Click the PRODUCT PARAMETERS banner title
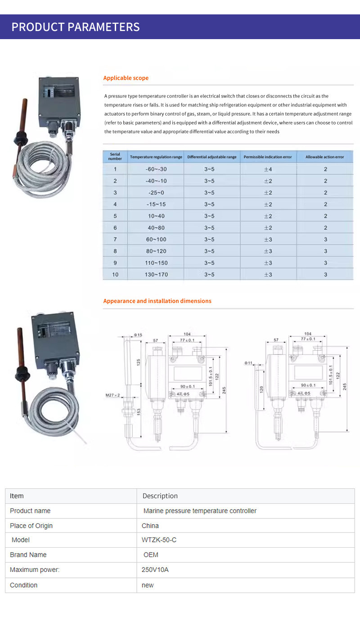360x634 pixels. [76, 27]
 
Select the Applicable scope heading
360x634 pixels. [126, 78]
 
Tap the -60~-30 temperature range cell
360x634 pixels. [156, 169]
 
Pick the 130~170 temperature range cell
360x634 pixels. [156, 274]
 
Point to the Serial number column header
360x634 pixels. [115, 156]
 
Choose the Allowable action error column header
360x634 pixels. [324, 157]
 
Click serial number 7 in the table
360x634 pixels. [115, 239]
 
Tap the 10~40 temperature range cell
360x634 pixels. [156, 216]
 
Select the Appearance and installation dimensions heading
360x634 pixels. [157, 301]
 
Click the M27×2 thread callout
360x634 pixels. [112, 395]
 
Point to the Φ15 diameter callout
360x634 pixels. [138, 335]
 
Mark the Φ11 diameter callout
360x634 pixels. [249, 362]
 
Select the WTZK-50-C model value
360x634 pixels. [159, 540]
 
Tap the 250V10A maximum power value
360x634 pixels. [155, 570]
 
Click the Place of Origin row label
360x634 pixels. [31, 526]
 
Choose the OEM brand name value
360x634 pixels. [151, 555]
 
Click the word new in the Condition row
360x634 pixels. [148, 585]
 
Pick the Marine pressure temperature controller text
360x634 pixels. [200, 511]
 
